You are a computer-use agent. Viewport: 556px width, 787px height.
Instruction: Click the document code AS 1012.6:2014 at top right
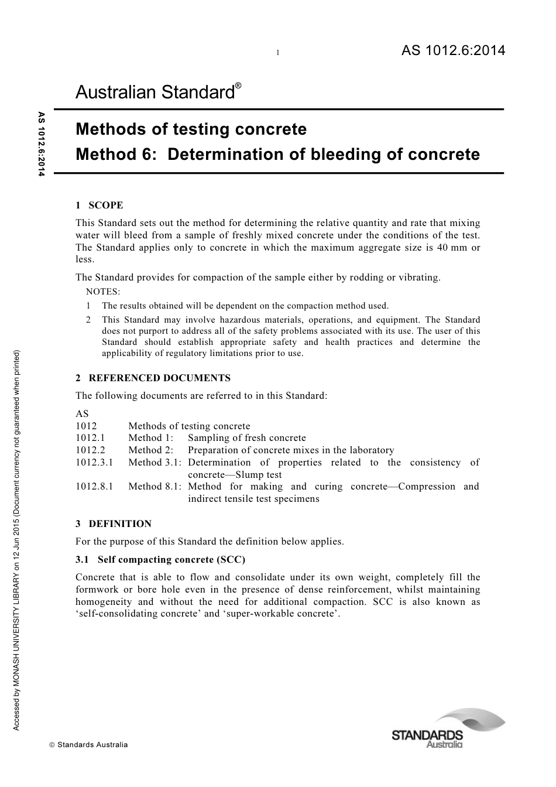tap(453, 51)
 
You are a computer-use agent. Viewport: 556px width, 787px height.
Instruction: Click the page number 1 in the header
tap(278, 53)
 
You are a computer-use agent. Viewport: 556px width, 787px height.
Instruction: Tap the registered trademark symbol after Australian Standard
tap(238, 85)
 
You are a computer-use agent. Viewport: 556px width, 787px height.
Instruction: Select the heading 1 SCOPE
tap(99, 205)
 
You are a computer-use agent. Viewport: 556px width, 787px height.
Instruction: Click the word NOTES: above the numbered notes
tap(103, 292)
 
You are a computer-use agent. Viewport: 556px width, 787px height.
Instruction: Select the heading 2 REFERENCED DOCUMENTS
tap(153, 378)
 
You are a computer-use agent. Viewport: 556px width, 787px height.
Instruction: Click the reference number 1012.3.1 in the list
tap(94, 463)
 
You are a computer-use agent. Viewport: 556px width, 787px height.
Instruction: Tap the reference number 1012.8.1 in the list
tap(94, 487)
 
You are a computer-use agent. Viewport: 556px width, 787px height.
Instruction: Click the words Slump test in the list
tap(258, 475)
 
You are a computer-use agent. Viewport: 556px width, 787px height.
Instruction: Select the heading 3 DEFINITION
tap(114, 523)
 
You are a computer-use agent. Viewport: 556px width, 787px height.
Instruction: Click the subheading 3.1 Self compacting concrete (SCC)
tap(160, 559)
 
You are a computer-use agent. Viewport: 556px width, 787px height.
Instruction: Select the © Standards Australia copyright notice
tap(88, 745)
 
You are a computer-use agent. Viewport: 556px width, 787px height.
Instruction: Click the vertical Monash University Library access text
tap(17, 539)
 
